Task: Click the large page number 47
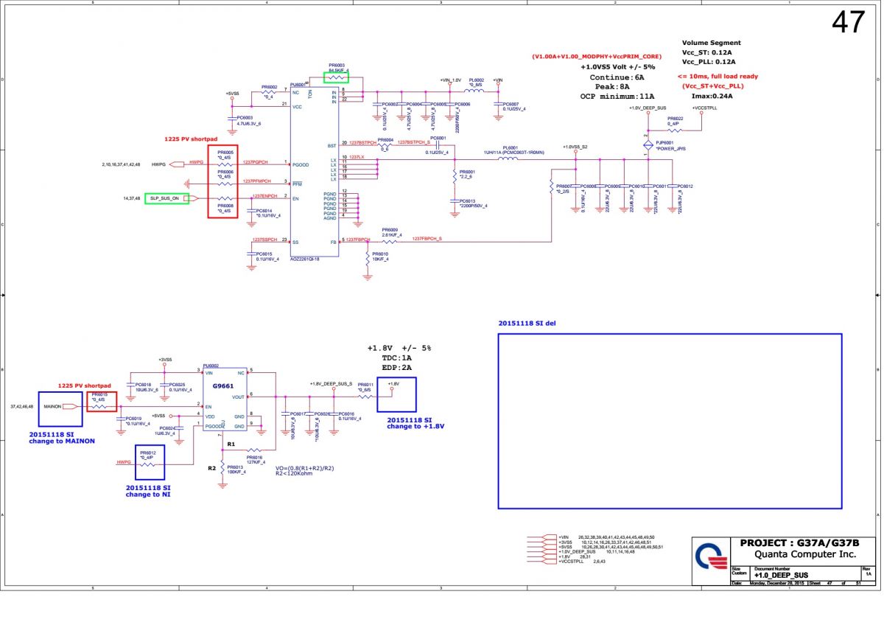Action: [848, 23]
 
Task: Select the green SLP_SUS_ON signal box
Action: [166, 198]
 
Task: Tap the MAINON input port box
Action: [52, 406]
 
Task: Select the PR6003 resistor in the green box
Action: [336, 76]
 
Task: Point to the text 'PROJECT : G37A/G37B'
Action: [797, 543]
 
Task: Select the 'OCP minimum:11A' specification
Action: [617, 96]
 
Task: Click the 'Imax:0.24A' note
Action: [712, 96]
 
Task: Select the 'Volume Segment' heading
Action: [711, 43]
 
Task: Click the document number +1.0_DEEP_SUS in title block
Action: [781, 575]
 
